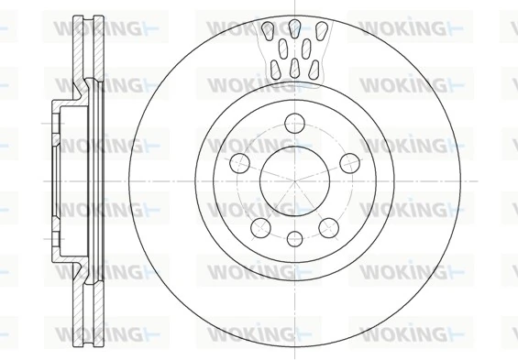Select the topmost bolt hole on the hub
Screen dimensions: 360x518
293,121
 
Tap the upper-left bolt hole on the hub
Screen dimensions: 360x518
238,162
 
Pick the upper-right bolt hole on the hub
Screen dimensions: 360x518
349,162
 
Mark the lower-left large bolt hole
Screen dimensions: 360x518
259,226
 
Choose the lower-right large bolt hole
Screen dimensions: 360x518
327,226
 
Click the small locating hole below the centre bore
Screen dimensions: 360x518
293,239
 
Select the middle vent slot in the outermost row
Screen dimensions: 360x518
294,28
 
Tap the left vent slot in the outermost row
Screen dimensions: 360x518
268,32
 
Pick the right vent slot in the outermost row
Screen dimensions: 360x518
321,32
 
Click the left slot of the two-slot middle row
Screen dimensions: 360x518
283,48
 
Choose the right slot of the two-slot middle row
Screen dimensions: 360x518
305,48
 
